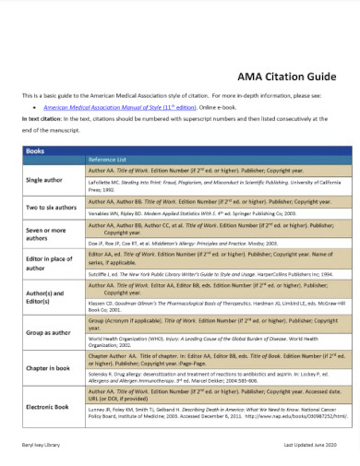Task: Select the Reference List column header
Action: coord(107,159)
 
